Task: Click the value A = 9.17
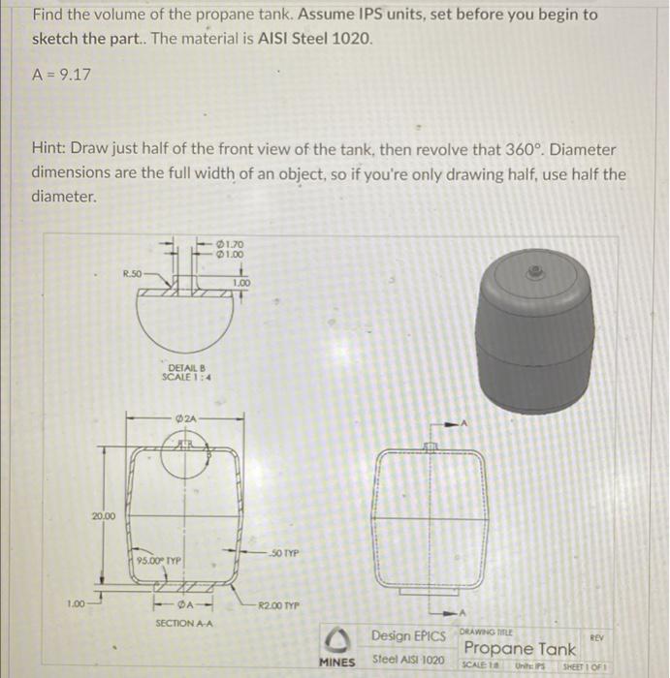point(61,73)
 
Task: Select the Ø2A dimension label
point(186,417)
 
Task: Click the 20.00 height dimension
point(103,515)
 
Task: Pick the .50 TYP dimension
point(284,552)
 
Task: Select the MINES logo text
point(338,662)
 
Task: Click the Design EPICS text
point(409,636)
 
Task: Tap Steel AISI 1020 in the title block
point(409,661)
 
